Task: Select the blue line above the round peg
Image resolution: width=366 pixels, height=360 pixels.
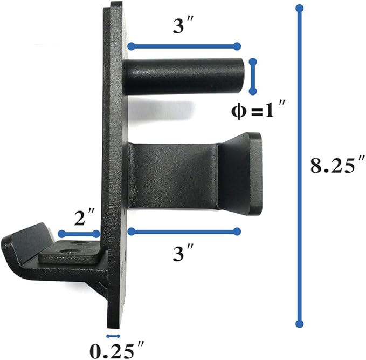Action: click(x=183, y=46)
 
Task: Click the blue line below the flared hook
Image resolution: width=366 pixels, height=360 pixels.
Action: click(x=184, y=232)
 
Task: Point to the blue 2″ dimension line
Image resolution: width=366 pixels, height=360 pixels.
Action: click(x=79, y=234)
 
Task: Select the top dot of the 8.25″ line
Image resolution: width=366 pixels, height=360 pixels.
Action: click(x=300, y=8)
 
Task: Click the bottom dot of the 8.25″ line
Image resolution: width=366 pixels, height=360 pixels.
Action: click(x=300, y=324)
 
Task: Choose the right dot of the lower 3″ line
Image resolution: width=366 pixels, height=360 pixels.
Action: click(x=237, y=232)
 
